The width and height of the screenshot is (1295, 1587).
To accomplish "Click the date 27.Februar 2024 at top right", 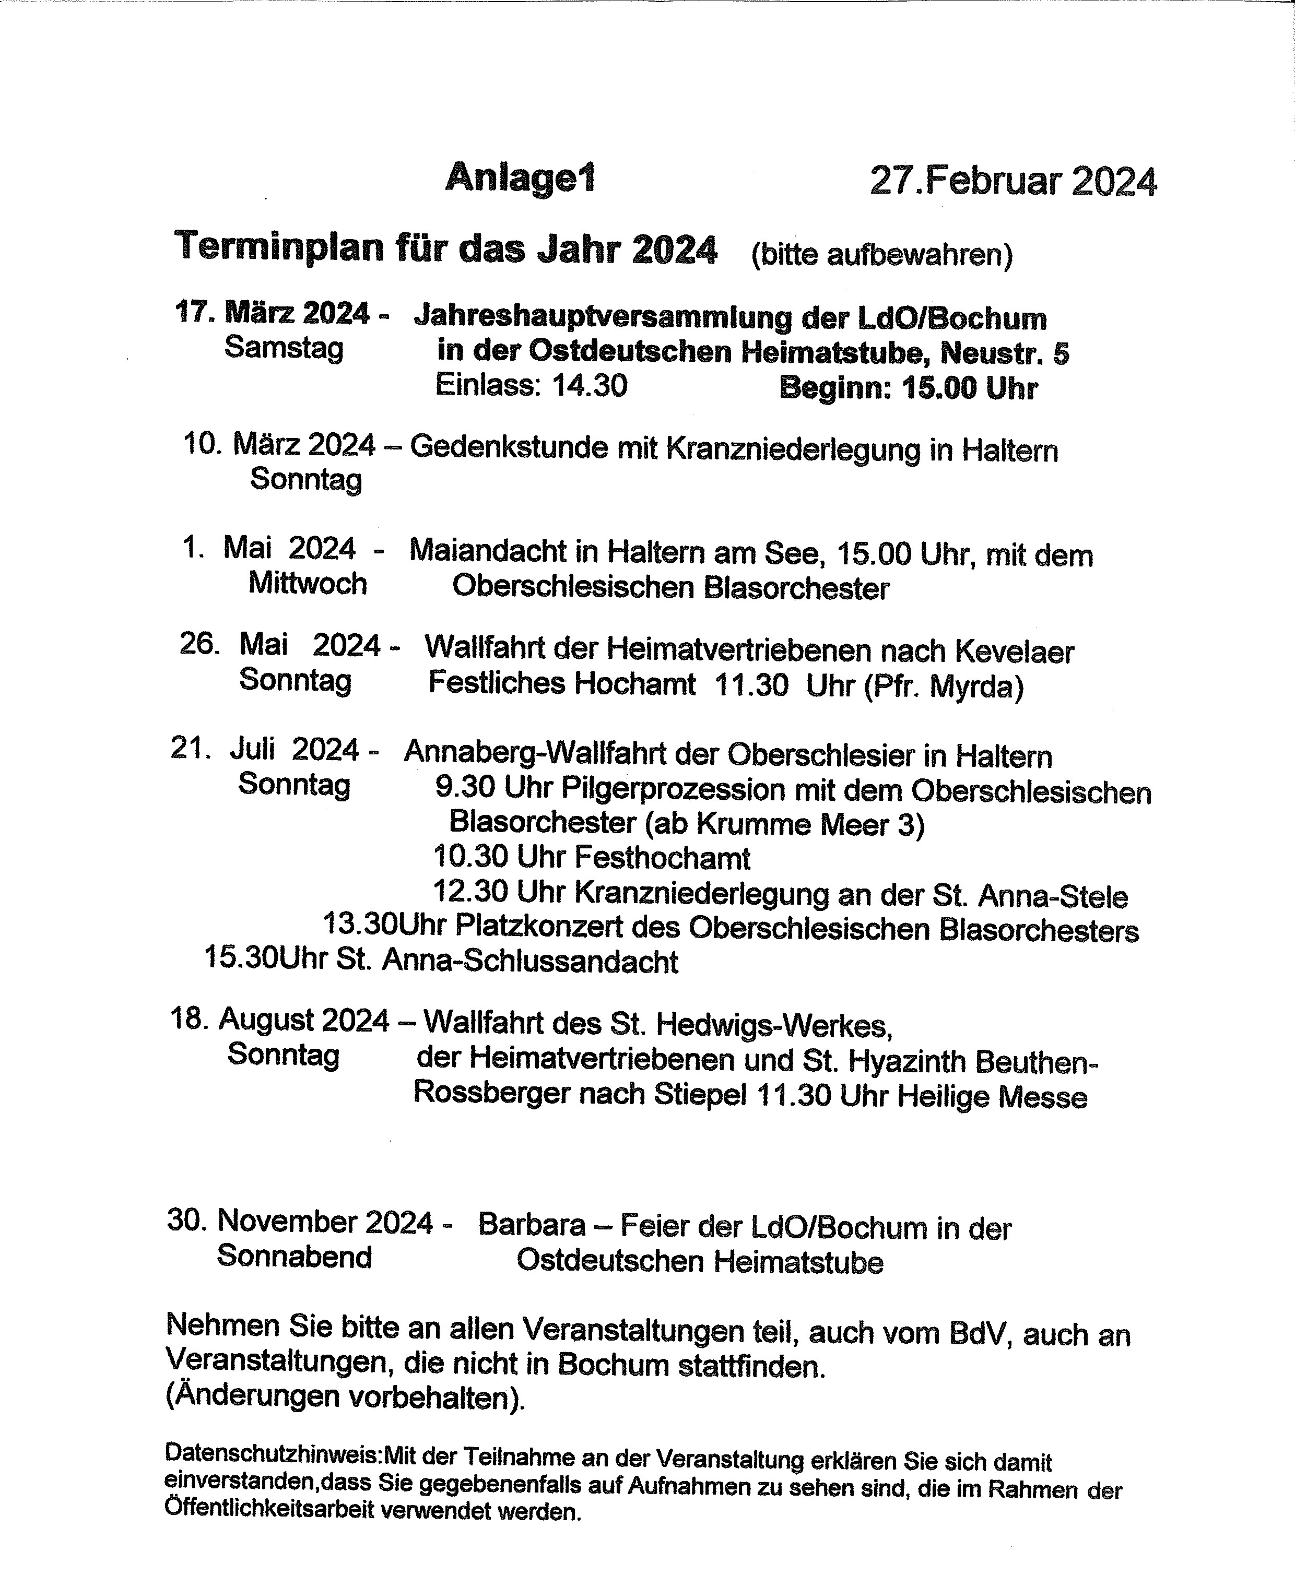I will pyautogui.click(x=1013, y=181).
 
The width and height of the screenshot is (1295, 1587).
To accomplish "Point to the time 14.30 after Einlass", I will pyautogui.click(x=590, y=386).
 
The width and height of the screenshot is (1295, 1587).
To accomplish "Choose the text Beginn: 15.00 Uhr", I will pyautogui.click(x=908, y=388).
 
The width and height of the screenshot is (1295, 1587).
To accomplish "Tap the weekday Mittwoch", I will pyautogui.click(x=308, y=583).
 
